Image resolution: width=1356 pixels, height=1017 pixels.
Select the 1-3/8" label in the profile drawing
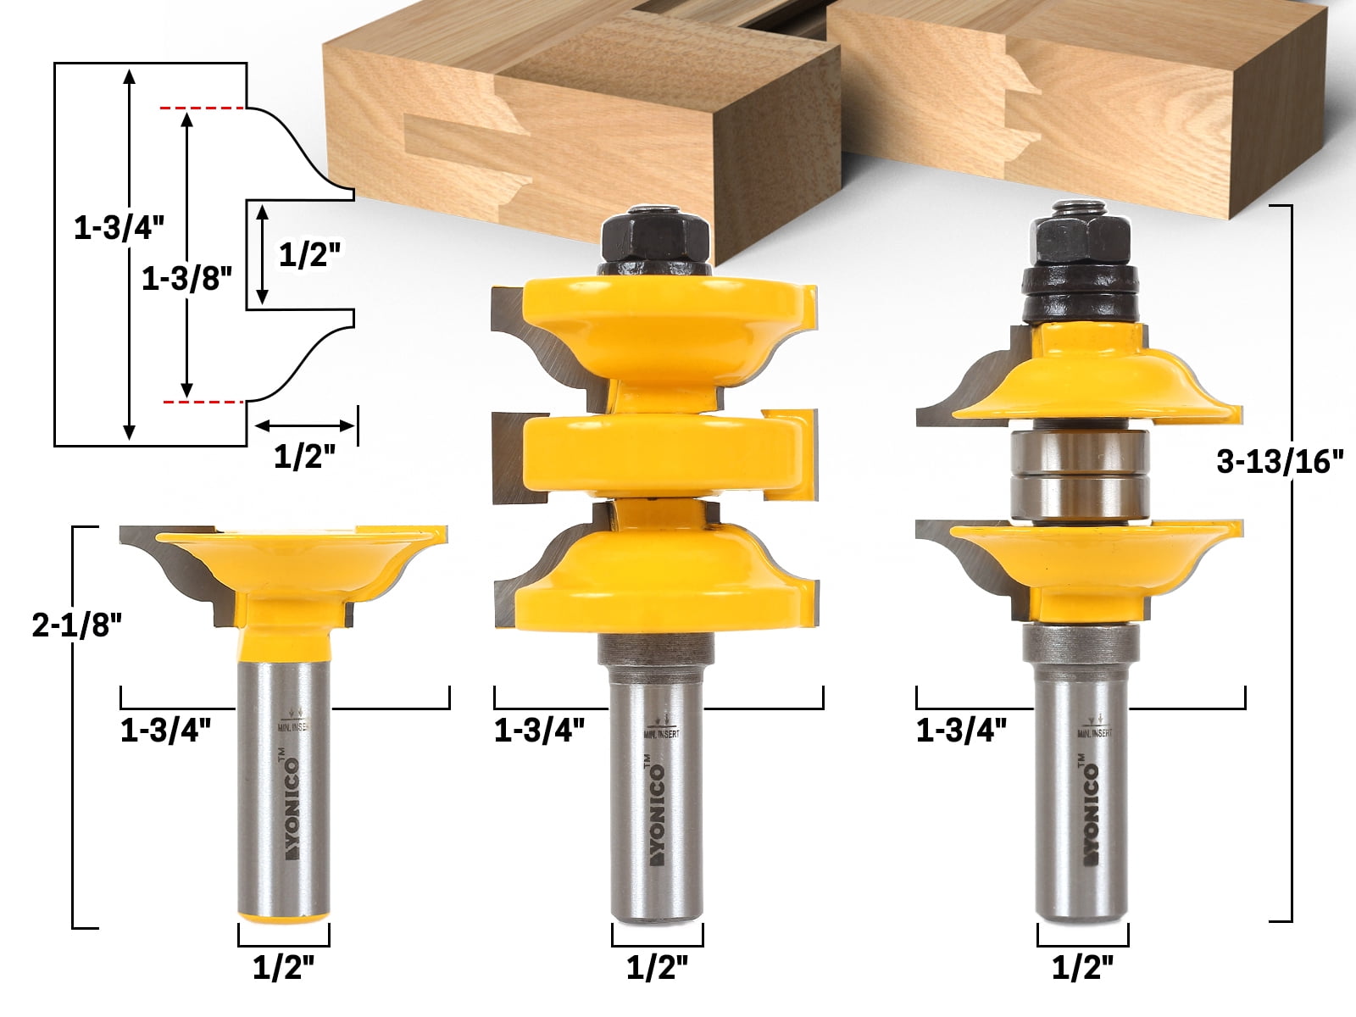[x=186, y=279]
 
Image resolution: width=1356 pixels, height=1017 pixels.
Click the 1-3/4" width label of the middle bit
[x=540, y=730]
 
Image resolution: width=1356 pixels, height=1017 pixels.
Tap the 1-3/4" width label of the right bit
[x=962, y=730]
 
